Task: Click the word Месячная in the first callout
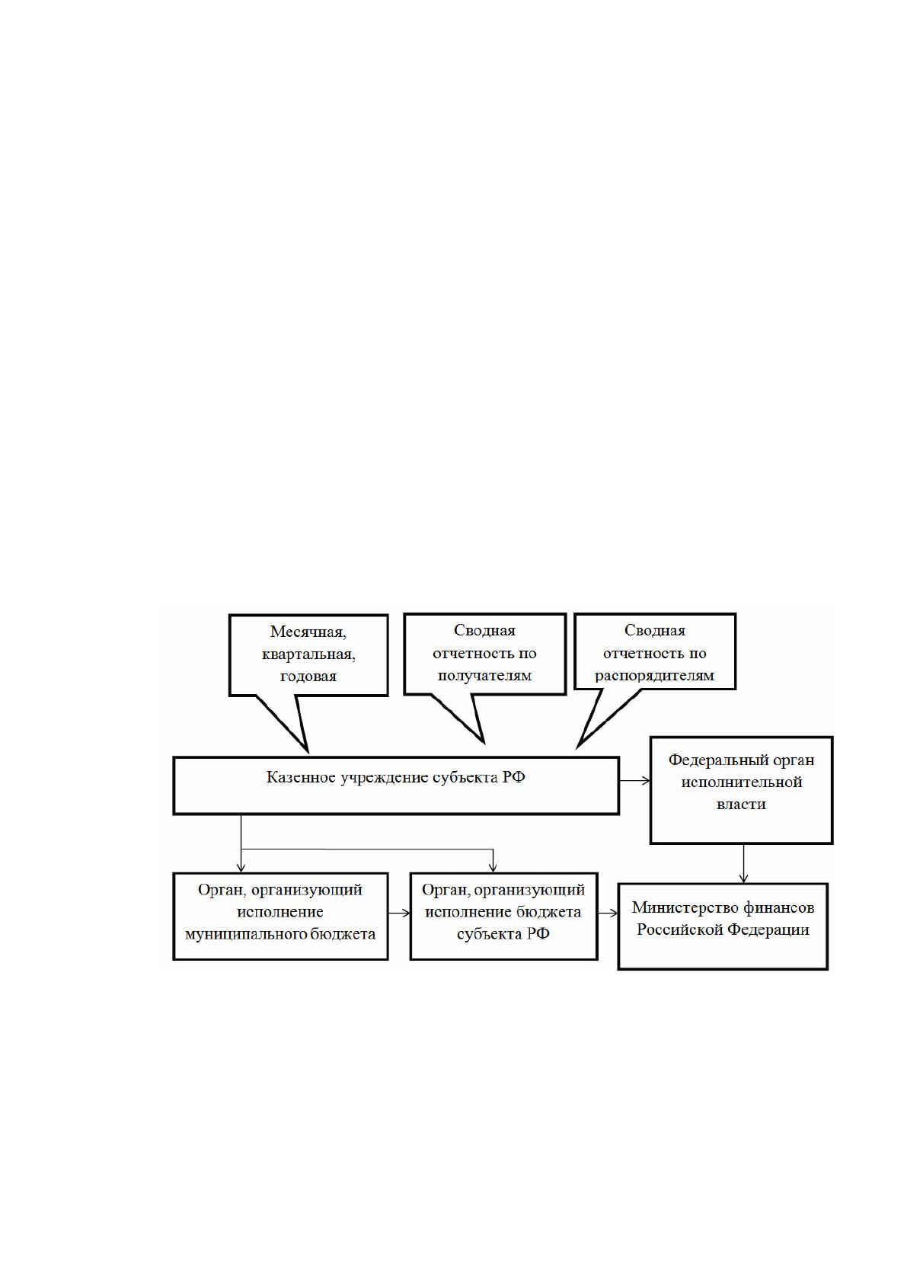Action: (x=308, y=632)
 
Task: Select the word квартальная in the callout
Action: (x=308, y=654)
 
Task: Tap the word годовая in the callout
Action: (x=308, y=677)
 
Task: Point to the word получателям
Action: (x=484, y=676)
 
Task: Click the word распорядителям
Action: (x=654, y=676)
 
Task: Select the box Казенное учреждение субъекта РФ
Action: (x=396, y=785)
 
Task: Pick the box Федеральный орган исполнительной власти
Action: (x=741, y=790)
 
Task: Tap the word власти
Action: (x=741, y=805)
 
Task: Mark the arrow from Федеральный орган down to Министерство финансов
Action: (x=743, y=864)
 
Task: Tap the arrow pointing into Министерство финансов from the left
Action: (x=608, y=914)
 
